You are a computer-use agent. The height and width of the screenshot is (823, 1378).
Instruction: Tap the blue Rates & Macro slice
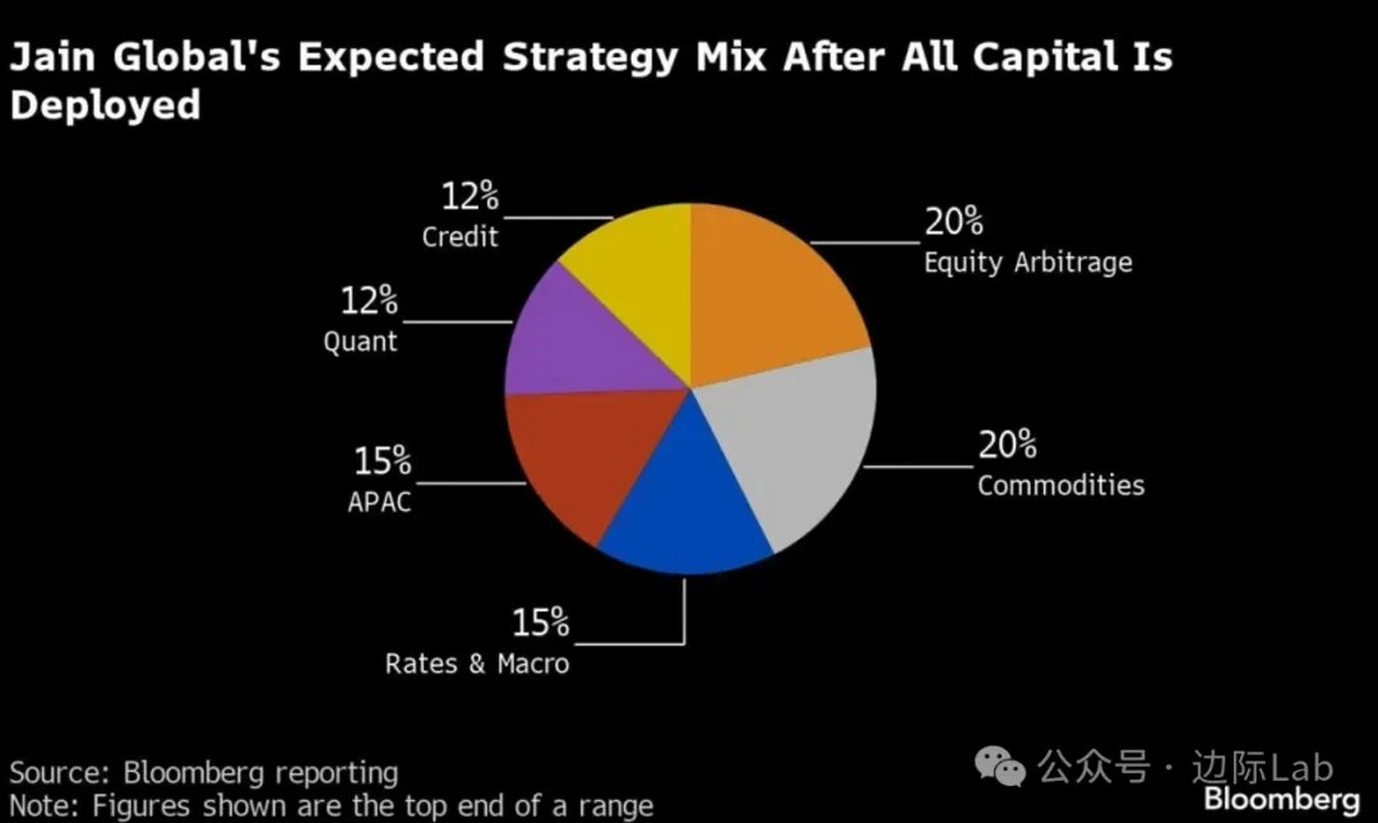tap(688, 508)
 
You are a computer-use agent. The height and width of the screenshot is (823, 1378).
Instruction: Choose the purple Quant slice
tap(572, 347)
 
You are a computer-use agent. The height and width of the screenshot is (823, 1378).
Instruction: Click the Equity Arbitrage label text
tap(1028, 262)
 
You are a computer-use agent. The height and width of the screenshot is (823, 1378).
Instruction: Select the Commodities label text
tap(1060, 485)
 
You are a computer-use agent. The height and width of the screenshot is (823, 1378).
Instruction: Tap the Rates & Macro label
tap(476, 664)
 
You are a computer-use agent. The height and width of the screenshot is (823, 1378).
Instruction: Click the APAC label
tap(379, 502)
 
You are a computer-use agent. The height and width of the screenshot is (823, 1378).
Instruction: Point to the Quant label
tap(360, 341)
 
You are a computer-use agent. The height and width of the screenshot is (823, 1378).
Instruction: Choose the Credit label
tap(460, 237)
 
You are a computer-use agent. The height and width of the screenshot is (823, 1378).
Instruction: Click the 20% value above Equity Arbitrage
tap(954, 221)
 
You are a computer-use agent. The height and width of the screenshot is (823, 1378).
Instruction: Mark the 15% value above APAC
tap(382, 461)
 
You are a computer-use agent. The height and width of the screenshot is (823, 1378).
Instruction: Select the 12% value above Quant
tap(368, 300)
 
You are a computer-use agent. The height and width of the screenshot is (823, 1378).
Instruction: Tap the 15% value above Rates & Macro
tap(540, 622)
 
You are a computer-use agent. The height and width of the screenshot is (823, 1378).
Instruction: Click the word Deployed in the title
tap(105, 105)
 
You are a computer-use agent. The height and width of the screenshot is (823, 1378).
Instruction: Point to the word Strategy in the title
tap(590, 58)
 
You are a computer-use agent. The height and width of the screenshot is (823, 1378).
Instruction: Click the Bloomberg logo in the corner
tap(1282, 800)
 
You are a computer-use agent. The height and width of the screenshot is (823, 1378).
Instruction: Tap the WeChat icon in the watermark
tap(999, 766)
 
